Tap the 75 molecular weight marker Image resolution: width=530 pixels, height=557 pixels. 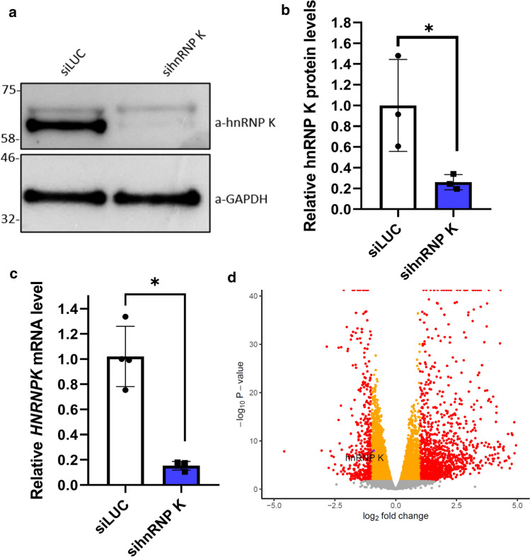[x=9, y=90]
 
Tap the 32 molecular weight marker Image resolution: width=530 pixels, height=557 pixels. [x=9, y=220]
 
